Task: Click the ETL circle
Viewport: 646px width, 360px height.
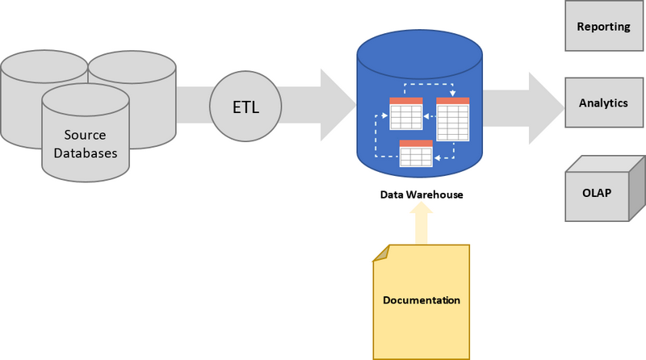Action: (x=245, y=107)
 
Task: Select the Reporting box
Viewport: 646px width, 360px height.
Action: (x=603, y=27)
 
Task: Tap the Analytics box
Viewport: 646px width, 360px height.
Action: (x=603, y=103)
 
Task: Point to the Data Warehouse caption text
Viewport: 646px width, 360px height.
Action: (x=422, y=195)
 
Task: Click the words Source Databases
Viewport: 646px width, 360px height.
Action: (x=86, y=144)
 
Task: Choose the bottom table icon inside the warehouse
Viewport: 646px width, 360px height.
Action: (x=416, y=153)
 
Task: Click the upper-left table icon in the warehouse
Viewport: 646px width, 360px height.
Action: (x=405, y=114)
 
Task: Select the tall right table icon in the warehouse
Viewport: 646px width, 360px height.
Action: (x=453, y=119)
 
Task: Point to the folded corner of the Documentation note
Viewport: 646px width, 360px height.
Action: (x=380, y=253)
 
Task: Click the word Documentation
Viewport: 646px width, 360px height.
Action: (x=421, y=300)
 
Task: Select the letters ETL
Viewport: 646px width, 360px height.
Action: (x=245, y=107)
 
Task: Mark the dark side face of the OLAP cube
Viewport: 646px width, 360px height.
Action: (x=637, y=192)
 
